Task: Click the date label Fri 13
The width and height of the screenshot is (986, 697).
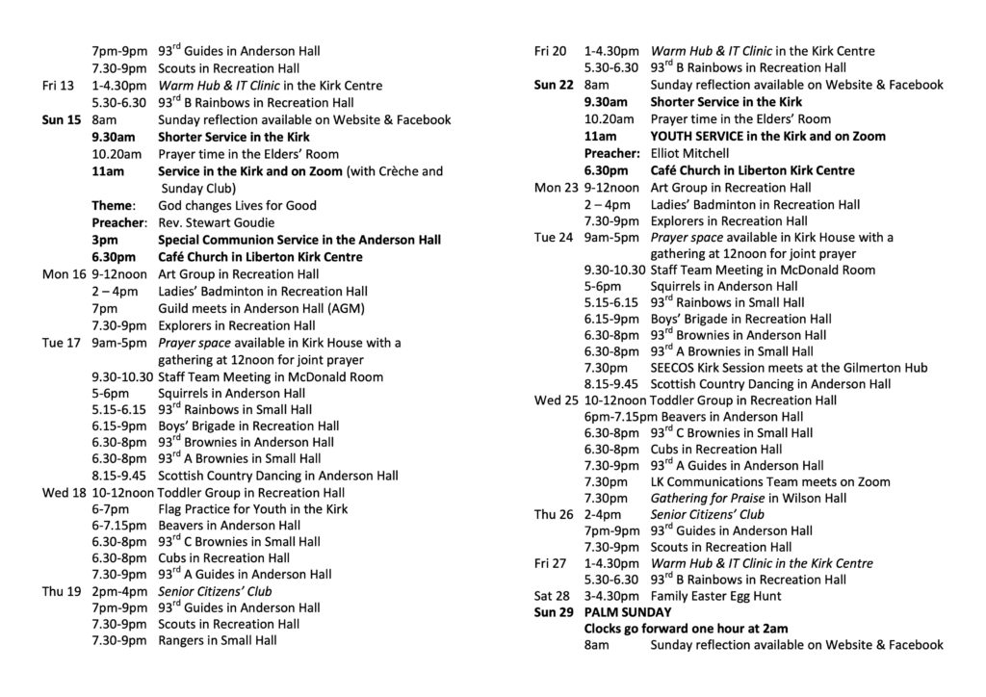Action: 58,86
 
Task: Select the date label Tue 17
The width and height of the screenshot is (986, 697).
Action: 61,343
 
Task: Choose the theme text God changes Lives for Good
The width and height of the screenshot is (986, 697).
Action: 237,205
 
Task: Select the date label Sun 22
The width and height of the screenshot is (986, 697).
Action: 554,85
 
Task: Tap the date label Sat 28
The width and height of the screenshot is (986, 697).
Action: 551,596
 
